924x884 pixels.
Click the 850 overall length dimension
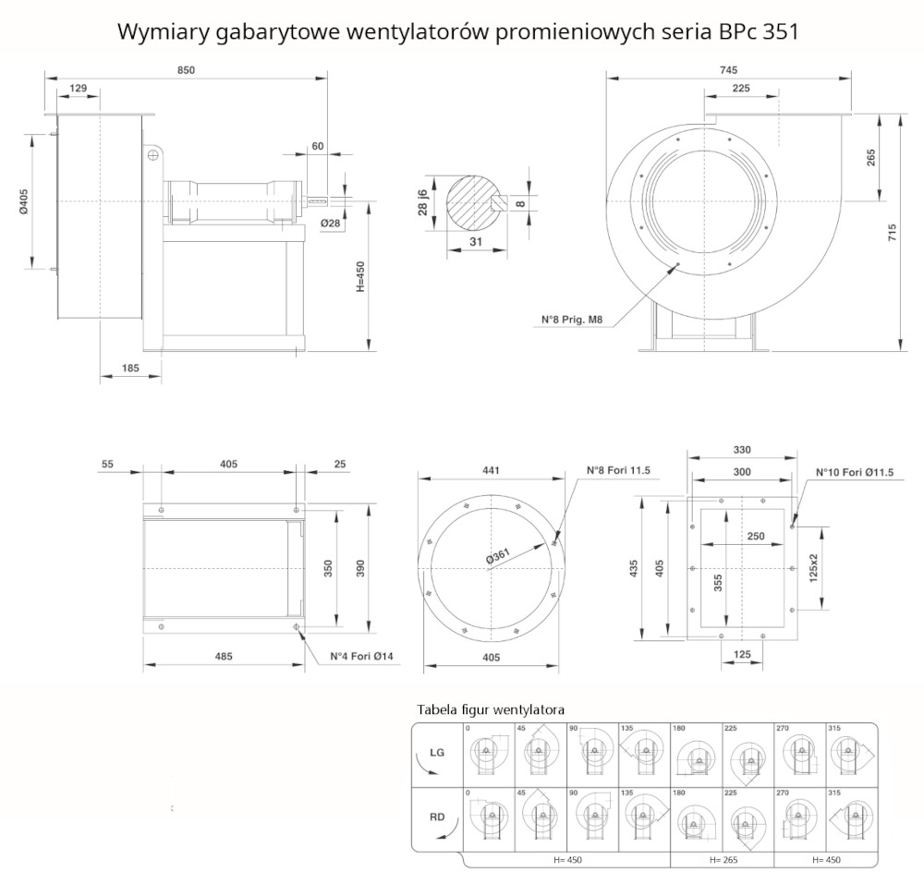tap(185, 71)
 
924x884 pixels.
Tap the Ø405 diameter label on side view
tap(25, 202)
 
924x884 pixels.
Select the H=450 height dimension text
tap(360, 275)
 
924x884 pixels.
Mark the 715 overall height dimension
tap(892, 233)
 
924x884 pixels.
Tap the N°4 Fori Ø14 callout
tap(362, 657)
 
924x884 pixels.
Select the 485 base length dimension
tap(223, 657)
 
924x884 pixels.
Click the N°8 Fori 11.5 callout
tap(618, 470)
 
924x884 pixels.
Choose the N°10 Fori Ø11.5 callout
tap(854, 473)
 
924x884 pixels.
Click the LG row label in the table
tap(437, 753)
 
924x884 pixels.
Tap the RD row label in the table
tap(437, 817)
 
